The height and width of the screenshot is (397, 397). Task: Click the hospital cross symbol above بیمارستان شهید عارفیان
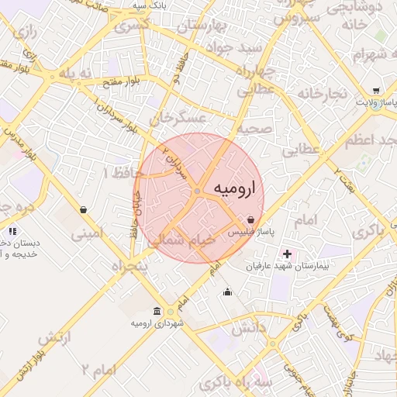[x=287, y=254]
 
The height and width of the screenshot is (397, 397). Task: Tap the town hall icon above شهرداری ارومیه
[x=157, y=311]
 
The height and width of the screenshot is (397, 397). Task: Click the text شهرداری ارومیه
[x=157, y=323]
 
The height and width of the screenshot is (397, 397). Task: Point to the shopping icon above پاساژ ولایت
[x=376, y=90]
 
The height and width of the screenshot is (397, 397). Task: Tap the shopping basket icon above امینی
[x=83, y=209]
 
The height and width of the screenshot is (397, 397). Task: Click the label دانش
[x=248, y=328]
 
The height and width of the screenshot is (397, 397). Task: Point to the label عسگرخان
[x=180, y=118]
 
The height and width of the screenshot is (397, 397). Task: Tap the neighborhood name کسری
[x=132, y=26]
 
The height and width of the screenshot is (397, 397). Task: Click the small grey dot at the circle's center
[x=198, y=191]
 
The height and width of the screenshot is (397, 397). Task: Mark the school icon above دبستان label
[x=11, y=231]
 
